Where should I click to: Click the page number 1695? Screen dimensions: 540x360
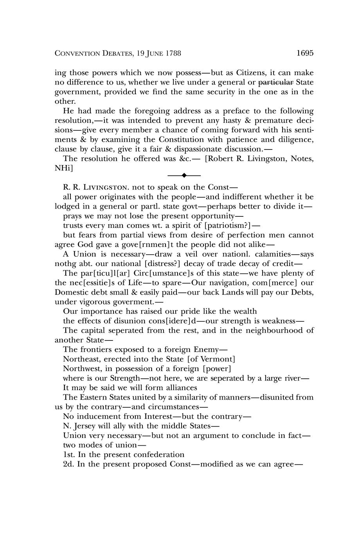coord(305,53)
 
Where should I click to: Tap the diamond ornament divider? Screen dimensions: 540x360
coord(184,175)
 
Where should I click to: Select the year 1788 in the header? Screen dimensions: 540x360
coord(173,53)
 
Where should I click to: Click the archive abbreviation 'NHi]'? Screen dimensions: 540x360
coord(63,168)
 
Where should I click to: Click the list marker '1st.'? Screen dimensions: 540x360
coord(69,454)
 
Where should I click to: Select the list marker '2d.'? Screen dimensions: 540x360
coord(68,464)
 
